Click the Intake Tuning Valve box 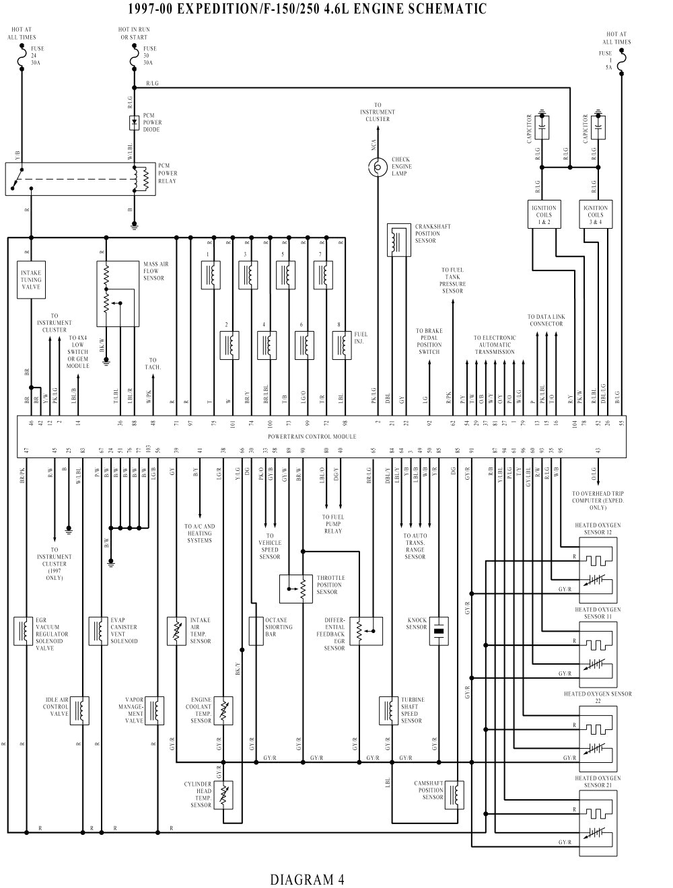31,280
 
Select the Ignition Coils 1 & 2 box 543,215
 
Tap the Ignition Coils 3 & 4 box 596,215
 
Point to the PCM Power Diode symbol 135,122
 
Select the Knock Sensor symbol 438,631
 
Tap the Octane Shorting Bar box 256,631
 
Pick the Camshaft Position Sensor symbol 457,793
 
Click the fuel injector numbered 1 211,274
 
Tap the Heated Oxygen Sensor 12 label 598,528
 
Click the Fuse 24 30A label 37,55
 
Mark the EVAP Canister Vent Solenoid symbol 99,631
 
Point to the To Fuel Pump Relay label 332,524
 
